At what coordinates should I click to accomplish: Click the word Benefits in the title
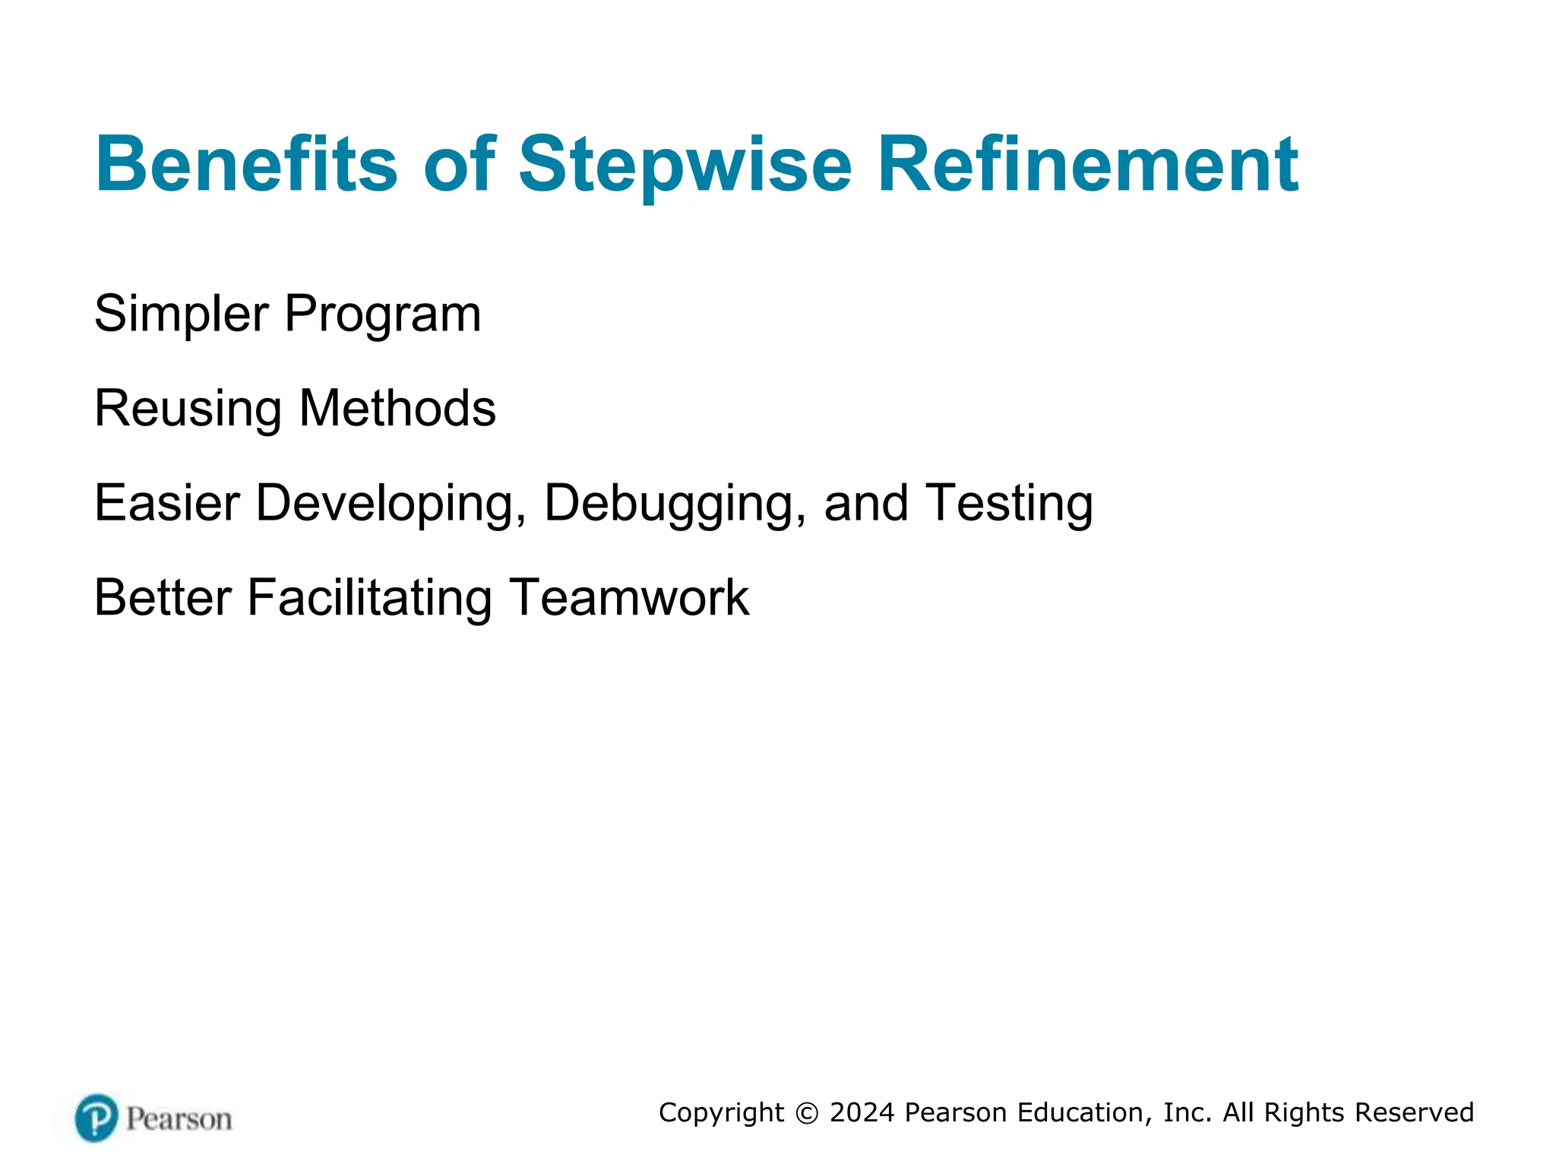coord(246,164)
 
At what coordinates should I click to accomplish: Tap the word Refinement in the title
coord(1088,164)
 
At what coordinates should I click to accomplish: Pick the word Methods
coord(397,408)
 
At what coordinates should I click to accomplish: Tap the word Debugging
coord(675,504)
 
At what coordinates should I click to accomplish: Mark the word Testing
coord(1010,504)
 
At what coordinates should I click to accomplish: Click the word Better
coord(163,597)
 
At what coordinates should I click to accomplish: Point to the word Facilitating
coord(370,599)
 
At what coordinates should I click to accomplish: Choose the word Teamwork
coord(629,597)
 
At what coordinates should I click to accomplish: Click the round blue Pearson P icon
coord(97,1118)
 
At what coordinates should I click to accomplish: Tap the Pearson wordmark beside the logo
coord(179,1119)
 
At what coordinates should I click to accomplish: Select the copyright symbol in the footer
coord(807,1113)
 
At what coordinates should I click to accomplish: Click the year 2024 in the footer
coord(862,1112)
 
